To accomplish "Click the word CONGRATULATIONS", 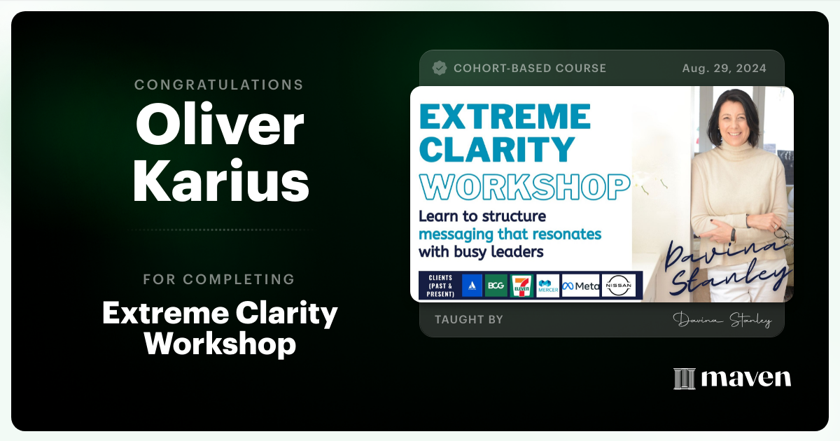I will (x=219, y=85).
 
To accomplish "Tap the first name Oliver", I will (x=219, y=126).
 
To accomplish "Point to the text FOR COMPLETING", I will (x=219, y=279).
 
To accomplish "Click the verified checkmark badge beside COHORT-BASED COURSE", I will (x=440, y=68).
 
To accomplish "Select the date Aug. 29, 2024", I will (x=724, y=69).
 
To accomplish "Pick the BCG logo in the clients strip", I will (x=496, y=285).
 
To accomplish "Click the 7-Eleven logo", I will (x=521, y=285).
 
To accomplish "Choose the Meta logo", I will (x=580, y=286).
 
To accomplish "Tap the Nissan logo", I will (x=619, y=286).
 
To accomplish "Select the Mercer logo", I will (x=548, y=286).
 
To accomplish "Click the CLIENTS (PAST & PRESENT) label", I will (x=437, y=286).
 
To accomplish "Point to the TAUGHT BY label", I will (x=468, y=320).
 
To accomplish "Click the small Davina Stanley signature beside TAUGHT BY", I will (x=722, y=321).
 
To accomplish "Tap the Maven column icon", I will (x=684, y=379).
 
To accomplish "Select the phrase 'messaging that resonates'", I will (x=510, y=234).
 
